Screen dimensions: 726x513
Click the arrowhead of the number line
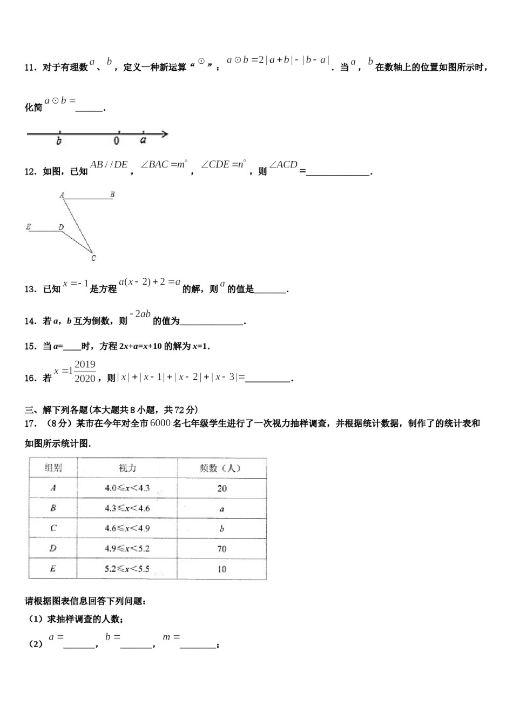(165, 134)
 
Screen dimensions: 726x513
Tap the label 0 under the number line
(117, 141)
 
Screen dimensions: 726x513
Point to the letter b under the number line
(59, 141)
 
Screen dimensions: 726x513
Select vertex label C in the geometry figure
(93, 258)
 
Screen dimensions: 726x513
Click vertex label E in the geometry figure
(29, 227)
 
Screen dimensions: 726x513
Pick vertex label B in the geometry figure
(112, 194)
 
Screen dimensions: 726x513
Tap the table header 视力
(127, 468)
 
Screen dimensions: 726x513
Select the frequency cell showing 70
(221, 549)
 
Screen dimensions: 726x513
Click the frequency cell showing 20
(221, 488)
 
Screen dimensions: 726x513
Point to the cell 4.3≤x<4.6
(127, 508)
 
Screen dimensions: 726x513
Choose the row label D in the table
(53, 548)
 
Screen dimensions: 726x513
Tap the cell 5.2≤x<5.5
(127, 569)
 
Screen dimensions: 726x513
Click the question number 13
(30, 290)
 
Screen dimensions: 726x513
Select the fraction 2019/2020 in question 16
(85, 372)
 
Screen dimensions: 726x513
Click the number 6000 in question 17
(160, 423)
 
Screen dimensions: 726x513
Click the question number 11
(30, 68)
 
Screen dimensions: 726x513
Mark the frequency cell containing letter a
(221, 509)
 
